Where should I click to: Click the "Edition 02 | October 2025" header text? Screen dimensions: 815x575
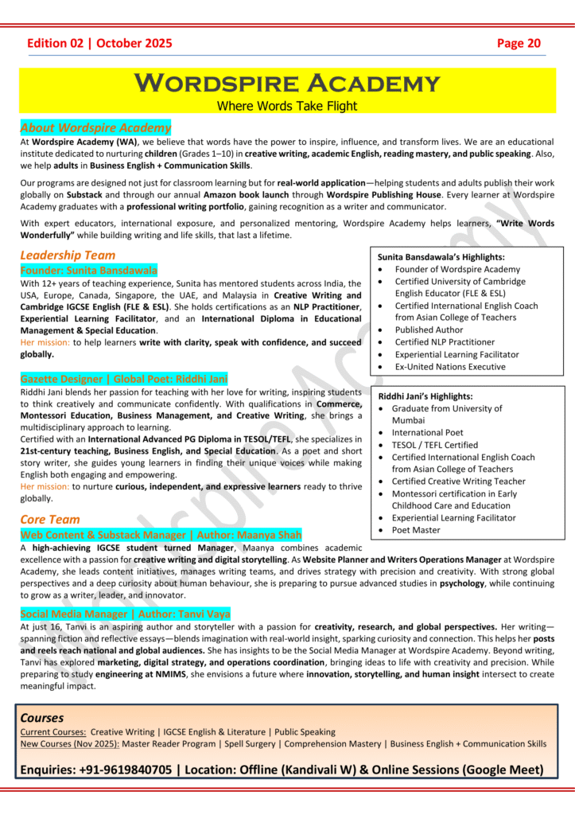click(x=99, y=43)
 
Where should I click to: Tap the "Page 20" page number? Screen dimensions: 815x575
click(x=519, y=43)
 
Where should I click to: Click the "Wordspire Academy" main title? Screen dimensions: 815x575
click(x=287, y=83)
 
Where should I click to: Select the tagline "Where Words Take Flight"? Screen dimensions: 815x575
click(x=287, y=106)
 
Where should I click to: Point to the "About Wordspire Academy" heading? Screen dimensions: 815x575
click(x=95, y=127)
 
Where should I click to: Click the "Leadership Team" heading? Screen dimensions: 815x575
click(x=68, y=255)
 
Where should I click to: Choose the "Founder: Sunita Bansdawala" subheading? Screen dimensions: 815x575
click(x=89, y=271)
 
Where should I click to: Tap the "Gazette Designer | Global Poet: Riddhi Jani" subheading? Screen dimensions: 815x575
click(x=123, y=380)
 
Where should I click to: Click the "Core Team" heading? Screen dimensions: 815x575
click(x=50, y=520)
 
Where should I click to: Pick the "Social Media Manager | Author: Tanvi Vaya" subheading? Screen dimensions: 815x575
click(x=125, y=614)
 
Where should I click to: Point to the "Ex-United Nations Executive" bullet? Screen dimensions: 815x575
click(x=449, y=367)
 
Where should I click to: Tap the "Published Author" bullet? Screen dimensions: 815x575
click(x=434, y=330)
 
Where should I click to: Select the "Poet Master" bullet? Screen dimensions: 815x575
click(x=417, y=530)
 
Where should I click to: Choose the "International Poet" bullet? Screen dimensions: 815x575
click(x=427, y=433)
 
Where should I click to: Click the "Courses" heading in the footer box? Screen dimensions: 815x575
click(x=42, y=717)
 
